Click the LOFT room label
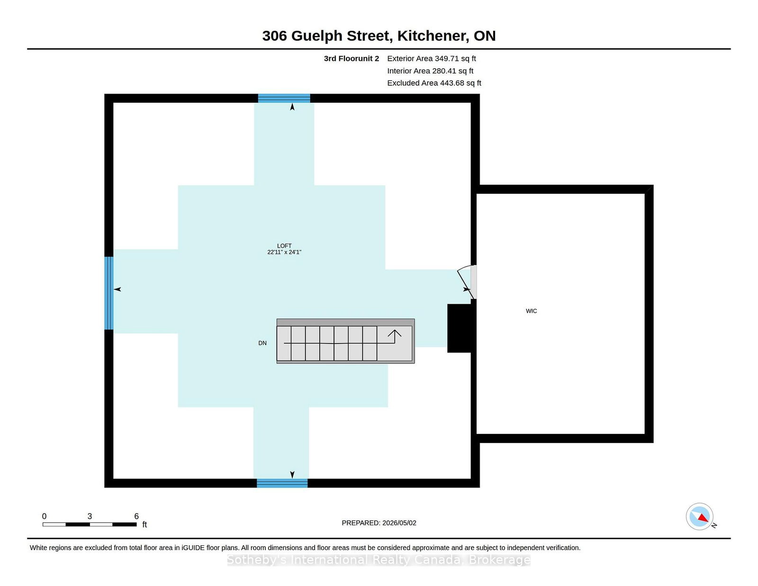284,245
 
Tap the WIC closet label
531,311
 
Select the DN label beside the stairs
262,343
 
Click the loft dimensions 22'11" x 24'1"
284,252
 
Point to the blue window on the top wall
284,98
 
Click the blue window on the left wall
109,293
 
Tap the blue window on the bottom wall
282,483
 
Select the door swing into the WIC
465,281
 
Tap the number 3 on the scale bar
90,516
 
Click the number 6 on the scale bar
136,516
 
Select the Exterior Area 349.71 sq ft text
432,59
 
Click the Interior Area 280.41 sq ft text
430,71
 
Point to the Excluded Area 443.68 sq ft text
434,83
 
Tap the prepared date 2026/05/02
399,523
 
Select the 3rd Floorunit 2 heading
351,59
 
